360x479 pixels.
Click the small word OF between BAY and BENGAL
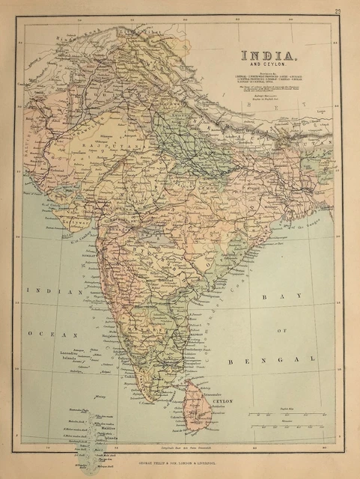click(x=283, y=329)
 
